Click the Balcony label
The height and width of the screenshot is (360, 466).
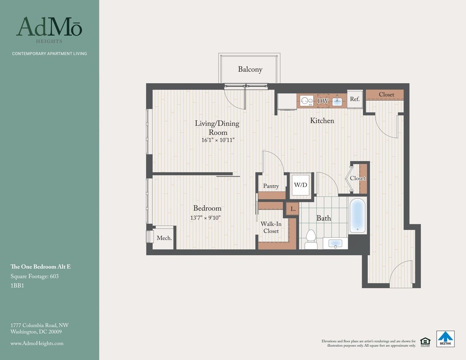click(250, 70)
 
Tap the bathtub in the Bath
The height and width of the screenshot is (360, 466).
click(358, 215)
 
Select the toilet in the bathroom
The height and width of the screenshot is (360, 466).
click(311, 240)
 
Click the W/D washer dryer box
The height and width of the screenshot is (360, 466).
click(301, 185)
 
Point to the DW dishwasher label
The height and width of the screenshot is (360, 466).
click(323, 101)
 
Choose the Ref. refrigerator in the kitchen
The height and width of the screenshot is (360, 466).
click(355, 99)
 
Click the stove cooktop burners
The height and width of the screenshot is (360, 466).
click(306, 101)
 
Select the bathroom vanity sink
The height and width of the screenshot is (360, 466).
click(335, 244)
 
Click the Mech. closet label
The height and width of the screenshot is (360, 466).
click(164, 238)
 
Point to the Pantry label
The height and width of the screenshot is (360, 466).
click(271, 186)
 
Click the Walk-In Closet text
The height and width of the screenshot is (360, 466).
click(271, 227)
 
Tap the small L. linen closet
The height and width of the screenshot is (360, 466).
click(293, 209)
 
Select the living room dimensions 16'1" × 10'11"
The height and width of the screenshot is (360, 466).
click(218, 140)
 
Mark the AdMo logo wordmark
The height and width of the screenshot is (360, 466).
click(49, 27)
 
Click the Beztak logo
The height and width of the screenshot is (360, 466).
click(445, 339)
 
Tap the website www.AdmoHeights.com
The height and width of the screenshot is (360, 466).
click(37, 343)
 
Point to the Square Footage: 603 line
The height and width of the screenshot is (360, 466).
click(35, 276)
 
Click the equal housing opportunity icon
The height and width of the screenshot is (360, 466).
click(425, 341)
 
